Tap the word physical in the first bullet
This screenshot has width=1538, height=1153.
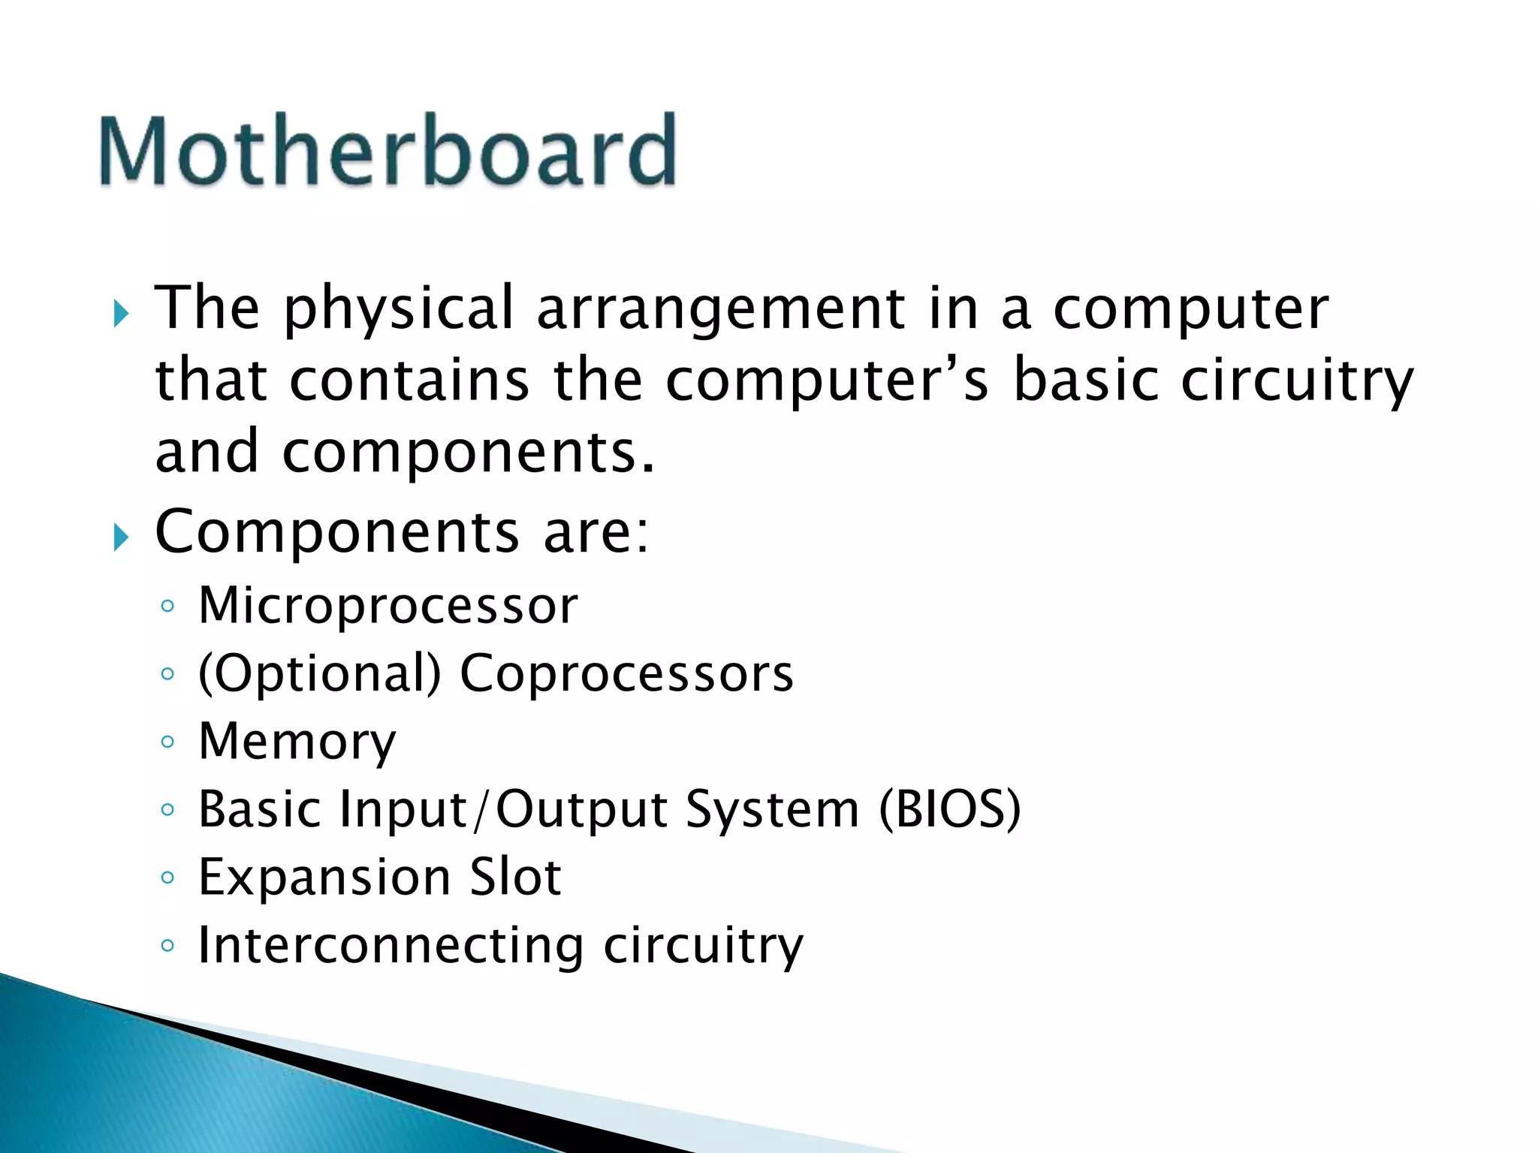coord(398,309)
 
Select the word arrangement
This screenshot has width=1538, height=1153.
coord(721,309)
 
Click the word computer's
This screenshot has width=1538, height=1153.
coord(827,381)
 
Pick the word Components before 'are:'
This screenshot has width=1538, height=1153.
coord(336,531)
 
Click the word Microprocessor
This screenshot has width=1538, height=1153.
coord(388,605)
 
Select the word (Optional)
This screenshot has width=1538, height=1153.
coord(319,673)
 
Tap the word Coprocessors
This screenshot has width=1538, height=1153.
coord(626,673)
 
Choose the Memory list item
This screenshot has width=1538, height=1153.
coord(297,742)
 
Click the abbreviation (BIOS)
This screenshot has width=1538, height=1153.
coord(950,809)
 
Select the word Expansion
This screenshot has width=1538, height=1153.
coord(324,878)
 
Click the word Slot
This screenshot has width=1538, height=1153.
coord(515,878)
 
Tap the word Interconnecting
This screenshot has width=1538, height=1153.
coord(391,945)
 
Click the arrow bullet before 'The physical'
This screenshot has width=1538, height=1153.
coord(121,313)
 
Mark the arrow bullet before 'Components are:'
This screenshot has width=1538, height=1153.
coord(121,537)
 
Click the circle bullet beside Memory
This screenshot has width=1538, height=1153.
coord(167,742)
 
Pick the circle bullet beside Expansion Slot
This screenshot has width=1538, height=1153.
coord(167,878)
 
